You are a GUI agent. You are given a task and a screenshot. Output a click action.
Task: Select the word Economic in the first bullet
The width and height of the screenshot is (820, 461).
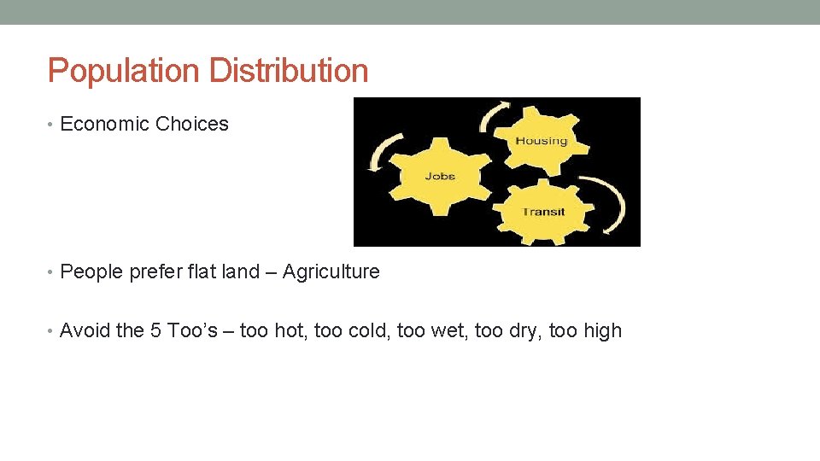click(x=104, y=124)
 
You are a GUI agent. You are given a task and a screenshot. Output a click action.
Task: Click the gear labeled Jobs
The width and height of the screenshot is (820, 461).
click(x=440, y=177)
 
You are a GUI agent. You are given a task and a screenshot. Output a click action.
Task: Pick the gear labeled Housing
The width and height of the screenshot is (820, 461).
click(x=541, y=140)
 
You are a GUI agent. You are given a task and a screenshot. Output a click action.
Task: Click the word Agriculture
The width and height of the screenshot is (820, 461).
click(x=331, y=271)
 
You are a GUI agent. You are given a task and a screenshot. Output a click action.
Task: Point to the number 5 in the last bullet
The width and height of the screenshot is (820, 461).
click(x=155, y=330)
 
